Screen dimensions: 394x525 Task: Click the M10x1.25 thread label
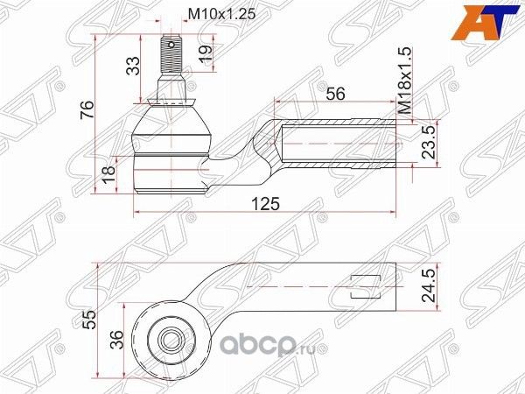219,14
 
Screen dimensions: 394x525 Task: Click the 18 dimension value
108,178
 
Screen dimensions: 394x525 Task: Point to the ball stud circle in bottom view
169,337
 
